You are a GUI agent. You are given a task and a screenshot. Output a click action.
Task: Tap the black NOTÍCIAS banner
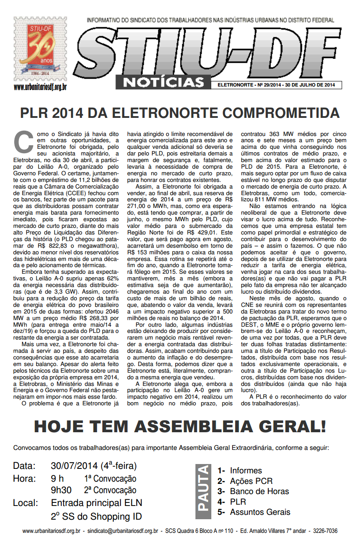click(163, 82)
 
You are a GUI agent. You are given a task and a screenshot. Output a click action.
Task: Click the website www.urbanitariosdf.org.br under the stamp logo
click(40, 87)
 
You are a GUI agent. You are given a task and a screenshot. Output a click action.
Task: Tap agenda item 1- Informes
click(240, 471)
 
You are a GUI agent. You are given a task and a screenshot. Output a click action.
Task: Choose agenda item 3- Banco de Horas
click(253, 491)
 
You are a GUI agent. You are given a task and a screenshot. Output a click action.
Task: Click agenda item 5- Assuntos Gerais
click(254, 512)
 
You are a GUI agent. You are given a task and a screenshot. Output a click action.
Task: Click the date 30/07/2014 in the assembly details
click(75, 466)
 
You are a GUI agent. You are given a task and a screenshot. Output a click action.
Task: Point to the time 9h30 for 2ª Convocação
click(61, 491)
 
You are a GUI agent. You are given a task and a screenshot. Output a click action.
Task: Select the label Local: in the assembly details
click(26, 503)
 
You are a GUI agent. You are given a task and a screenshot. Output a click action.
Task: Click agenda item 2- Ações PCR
click(245, 481)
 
